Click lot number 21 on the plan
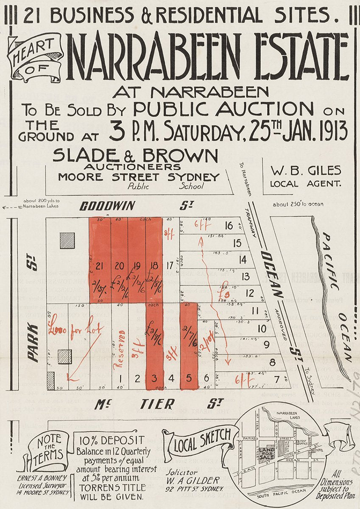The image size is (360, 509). click(x=100, y=266)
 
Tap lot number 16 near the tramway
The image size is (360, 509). click(x=229, y=225)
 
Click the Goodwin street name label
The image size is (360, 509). click(x=107, y=207)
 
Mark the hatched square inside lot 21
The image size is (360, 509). click(x=67, y=241)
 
